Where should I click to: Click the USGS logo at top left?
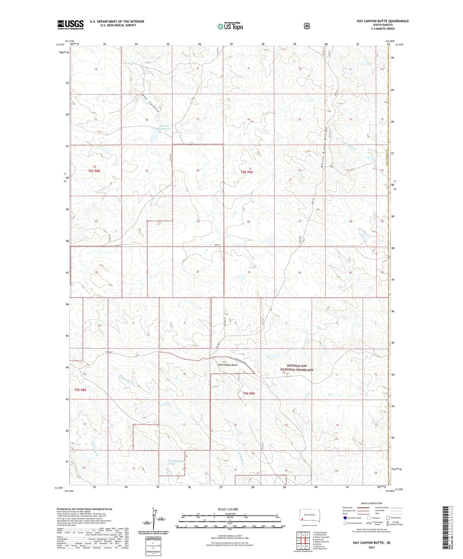click(70, 25)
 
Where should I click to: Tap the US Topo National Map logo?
click(230, 26)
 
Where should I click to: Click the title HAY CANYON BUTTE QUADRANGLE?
click(383, 21)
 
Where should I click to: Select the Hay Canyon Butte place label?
click(227, 365)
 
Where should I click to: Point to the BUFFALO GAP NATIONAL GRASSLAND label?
click(297, 368)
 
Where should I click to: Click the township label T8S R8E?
click(94, 171)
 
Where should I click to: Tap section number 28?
click(248, 222)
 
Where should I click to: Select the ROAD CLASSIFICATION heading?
click(371, 503)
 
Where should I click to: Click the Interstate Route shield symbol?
click(345, 518)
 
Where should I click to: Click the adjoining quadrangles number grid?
click(303, 540)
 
